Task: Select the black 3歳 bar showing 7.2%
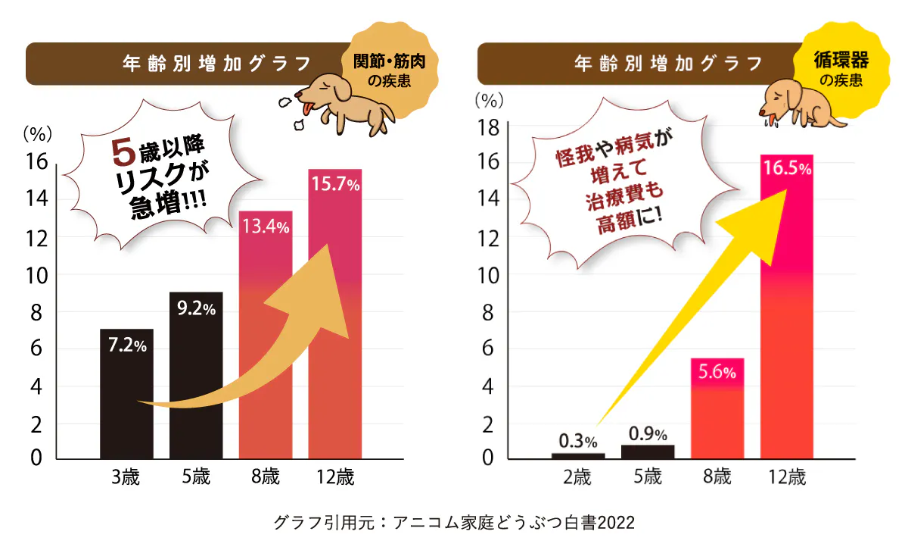pyautogui.click(x=126, y=394)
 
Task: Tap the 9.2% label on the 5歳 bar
pyautogui.click(x=196, y=308)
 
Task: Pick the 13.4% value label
pyautogui.click(x=265, y=227)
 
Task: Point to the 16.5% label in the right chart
pyautogui.click(x=787, y=169)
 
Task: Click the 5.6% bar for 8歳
pyautogui.click(x=718, y=409)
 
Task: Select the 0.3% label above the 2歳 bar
pyautogui.click(x=578, y=440)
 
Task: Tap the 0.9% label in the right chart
pyautogui.click(x=648, y=434)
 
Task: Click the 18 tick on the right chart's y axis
pyautogui.click(x=487, y=128)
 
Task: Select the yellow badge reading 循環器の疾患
pyautogui.click(x=839, y=69)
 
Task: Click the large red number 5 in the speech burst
pyautogui.click(x=123, y=152)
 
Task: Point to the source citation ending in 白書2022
pyautogui.click(x=453, y=523)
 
